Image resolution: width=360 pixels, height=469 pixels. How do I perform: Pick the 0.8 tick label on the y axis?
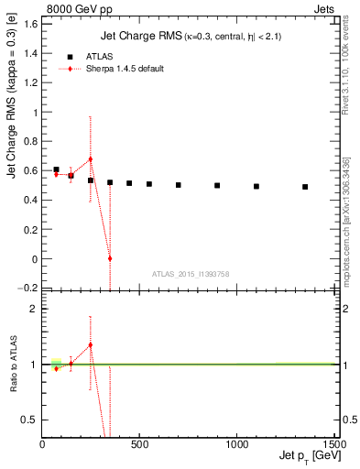point(30,142)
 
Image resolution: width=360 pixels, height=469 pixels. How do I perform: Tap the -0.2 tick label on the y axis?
point(28,289)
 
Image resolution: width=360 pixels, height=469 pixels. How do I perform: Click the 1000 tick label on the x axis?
point(237,443)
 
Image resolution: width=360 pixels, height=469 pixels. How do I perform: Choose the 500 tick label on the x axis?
point(139,443)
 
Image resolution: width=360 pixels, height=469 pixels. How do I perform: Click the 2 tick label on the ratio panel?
point(34,309)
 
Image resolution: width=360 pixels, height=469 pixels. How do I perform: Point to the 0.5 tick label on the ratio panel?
point(30,420)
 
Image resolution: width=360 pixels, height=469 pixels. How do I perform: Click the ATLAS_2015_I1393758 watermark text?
point(190,273)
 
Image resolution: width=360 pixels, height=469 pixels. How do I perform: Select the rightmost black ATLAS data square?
point(305,187)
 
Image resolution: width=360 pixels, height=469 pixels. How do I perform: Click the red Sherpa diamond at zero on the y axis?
point(110,258)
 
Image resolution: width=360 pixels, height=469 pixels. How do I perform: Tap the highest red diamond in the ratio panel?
point(91,344)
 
